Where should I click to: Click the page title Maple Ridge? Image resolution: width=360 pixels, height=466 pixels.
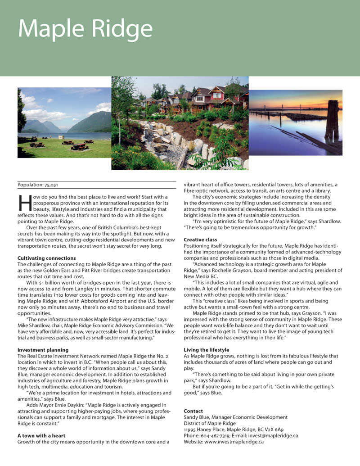click(x=85, y=29)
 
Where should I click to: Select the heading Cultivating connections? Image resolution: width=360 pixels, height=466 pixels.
click(x=46, y=258)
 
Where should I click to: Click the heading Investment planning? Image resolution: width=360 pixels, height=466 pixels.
click(x=43, y=350)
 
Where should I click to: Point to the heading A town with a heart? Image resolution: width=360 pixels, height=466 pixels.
click(x=41, y=435)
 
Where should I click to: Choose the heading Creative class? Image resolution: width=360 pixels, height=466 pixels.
click(x=200, y=240)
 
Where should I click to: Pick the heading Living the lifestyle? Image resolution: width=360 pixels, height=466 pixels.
click(x=207, y=350)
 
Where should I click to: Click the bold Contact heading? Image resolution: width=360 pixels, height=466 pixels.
click(x=193, y=411)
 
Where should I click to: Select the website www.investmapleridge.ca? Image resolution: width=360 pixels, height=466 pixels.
click(x=234, y=442)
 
